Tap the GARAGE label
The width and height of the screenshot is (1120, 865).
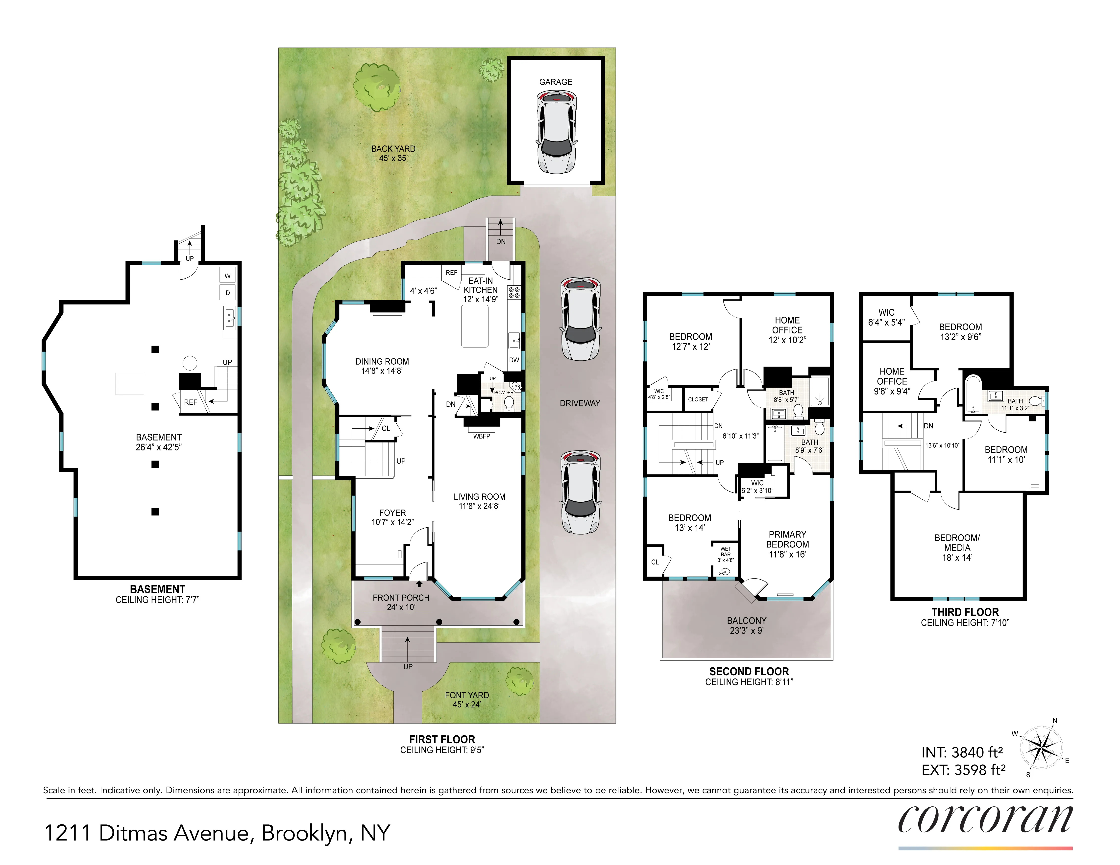555,82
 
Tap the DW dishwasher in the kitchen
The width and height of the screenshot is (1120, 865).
514,360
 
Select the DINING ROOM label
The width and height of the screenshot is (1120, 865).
382,361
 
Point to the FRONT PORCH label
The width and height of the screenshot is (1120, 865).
401,598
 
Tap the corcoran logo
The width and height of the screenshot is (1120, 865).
985,819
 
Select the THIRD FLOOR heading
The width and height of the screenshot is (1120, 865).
965,612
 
